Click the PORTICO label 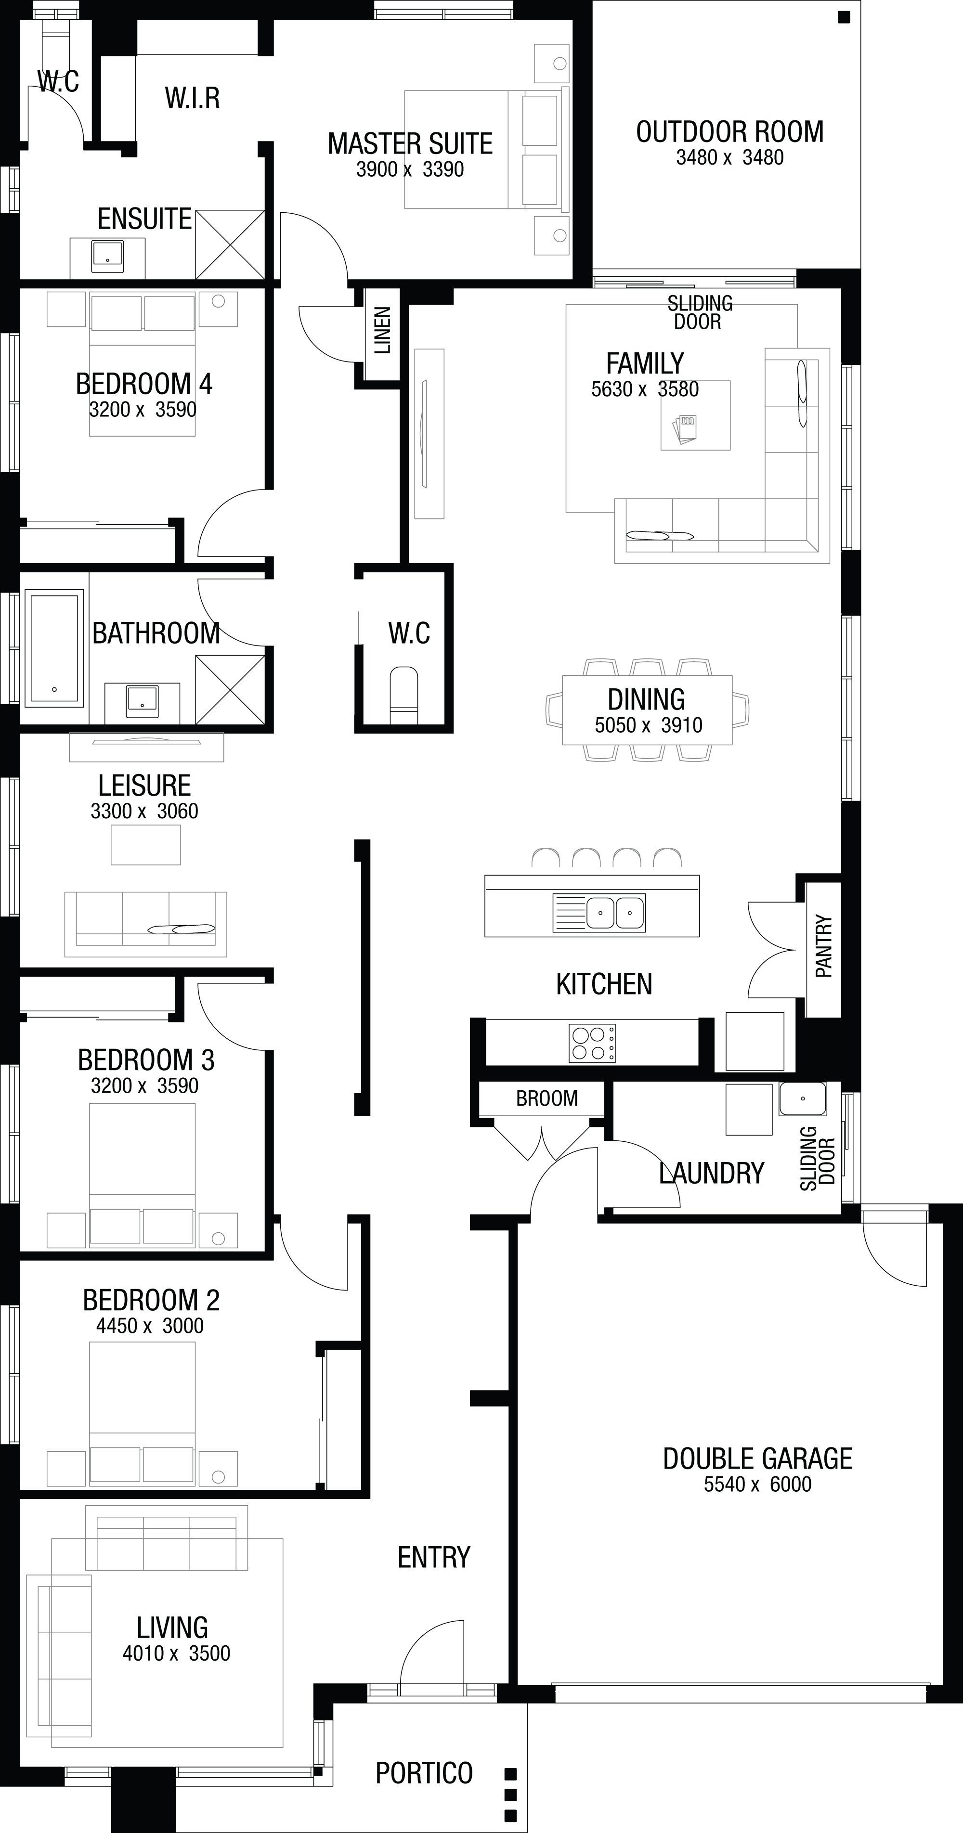click(x=424, y=1772)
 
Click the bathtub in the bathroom click(x=53, y=649)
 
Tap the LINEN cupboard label click(x=383, y=331)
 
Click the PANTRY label click(x=823, y=946)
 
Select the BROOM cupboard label click(x=547, y=1098)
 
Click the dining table click(x=647, y=710)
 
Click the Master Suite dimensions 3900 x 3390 click(x=410, y=169)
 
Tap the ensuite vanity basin click(x=107, y=256)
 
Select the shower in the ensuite click(x=230, y=244)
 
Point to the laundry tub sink click(x=802, y=1099)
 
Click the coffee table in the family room click(x=695, y=415)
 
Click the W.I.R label click(x=192, y=98)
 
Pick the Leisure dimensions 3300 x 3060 click(x=144, y=811)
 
